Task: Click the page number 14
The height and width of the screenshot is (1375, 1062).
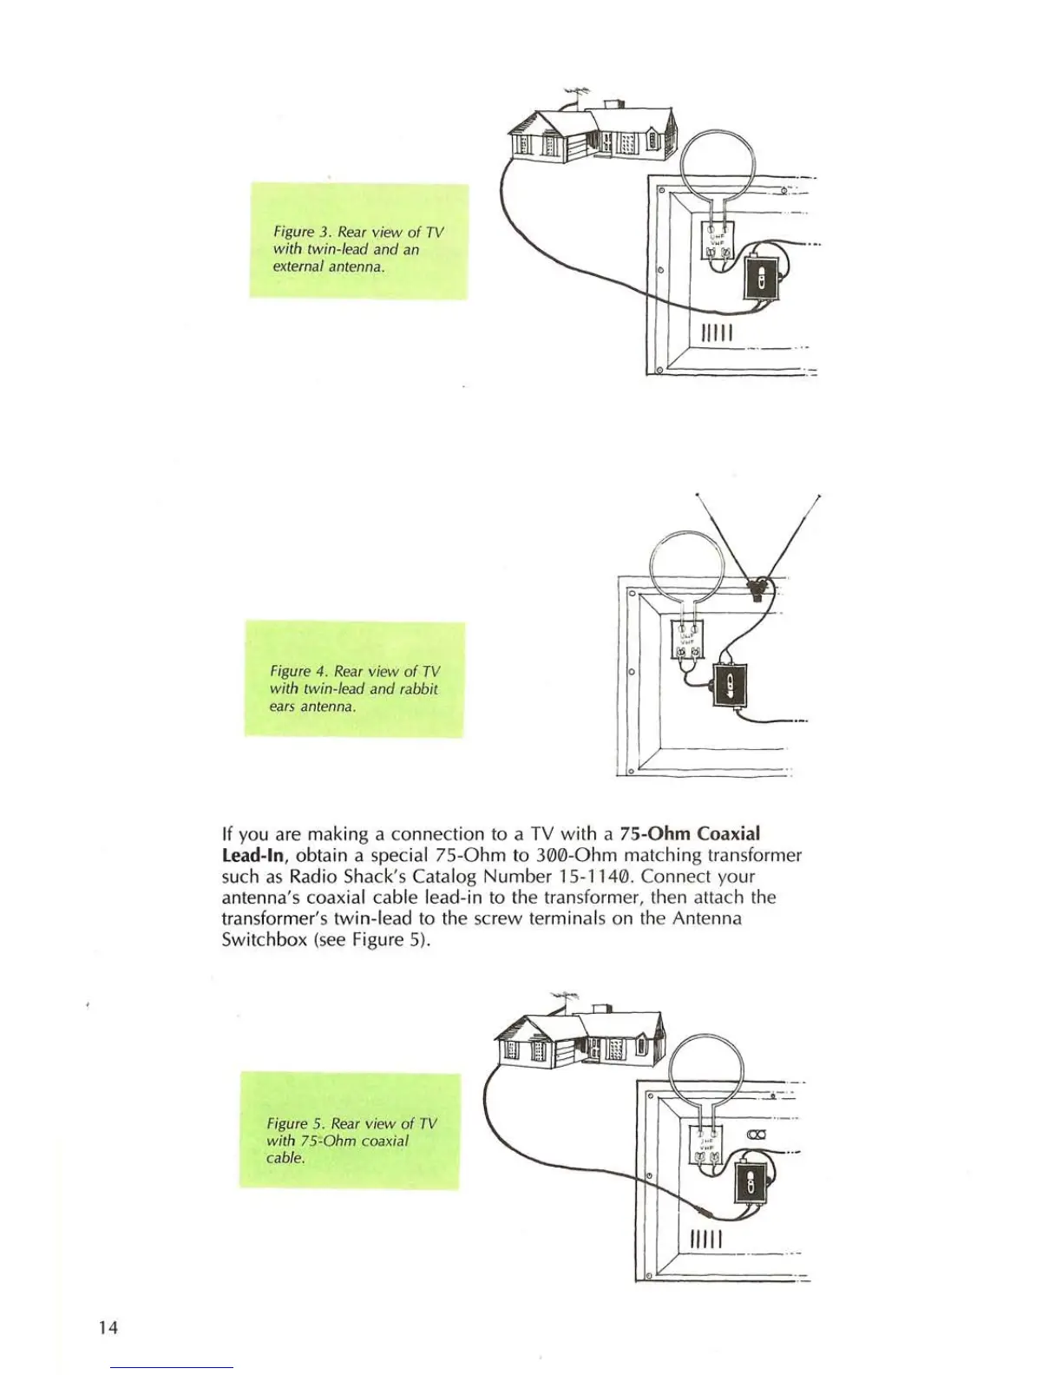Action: click(108, 1327)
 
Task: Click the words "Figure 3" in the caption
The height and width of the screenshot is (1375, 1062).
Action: click(303, 232)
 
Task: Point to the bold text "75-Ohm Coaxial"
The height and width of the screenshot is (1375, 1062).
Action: click(690, 834)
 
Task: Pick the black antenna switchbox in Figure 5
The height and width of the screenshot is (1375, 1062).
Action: click(750, 1182)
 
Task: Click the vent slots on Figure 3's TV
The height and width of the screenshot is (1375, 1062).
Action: click(718, 332)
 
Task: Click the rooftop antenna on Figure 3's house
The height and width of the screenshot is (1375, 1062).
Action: click(576, 93)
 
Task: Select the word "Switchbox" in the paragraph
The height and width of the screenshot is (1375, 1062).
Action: click(264, 939)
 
